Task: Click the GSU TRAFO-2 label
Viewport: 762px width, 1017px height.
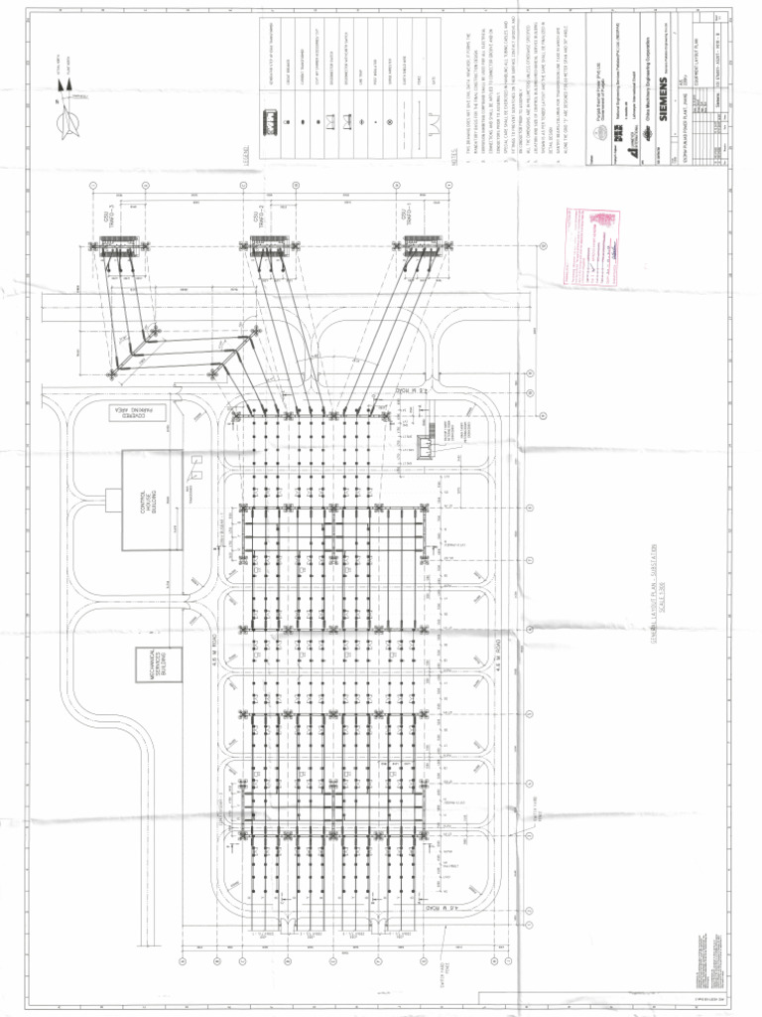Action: [256, 217]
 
